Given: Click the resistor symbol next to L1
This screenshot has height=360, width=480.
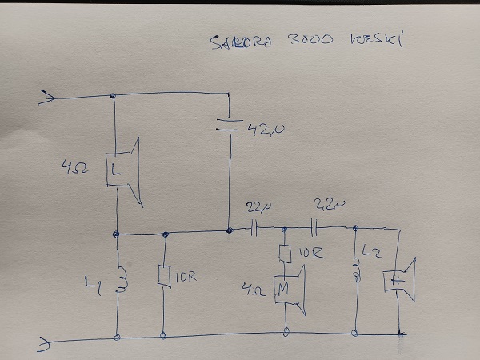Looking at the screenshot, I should coord(166,277).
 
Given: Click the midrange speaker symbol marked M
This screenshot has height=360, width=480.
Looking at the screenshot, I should coord(286,289).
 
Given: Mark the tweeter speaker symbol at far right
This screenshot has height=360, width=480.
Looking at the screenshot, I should coord(400,278).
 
